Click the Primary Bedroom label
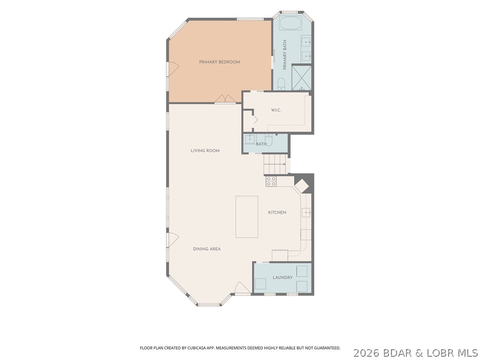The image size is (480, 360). pos(219,62)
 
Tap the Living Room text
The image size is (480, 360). pos(205,150)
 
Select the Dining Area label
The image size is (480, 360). pos(207,249)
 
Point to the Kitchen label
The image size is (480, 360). pos(277,212)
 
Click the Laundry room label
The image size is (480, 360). pos(283,277)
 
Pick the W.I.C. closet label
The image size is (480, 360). pos(276,110)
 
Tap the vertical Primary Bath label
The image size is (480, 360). pos(285,55)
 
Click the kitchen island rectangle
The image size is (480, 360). pos(247,217)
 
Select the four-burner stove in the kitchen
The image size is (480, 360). pos(271,181)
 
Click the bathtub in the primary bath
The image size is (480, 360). pos(291,23)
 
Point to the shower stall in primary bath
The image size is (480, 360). pos(301,78)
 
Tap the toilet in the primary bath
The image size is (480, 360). pos(281,84)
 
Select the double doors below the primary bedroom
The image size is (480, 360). pos(225,99)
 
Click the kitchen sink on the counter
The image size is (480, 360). pos(307,212)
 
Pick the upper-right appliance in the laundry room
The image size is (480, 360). pos(302,271)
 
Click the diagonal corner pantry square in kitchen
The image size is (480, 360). pos(302,186)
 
